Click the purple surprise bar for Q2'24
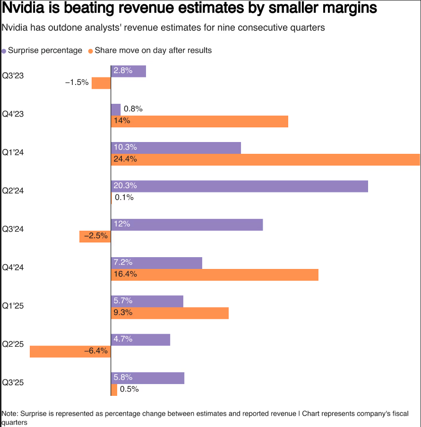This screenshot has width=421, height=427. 239,186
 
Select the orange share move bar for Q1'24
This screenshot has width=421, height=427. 266,159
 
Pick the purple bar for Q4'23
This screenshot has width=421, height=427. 116,109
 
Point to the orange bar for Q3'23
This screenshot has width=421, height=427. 101,83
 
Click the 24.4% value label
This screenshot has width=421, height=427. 125,159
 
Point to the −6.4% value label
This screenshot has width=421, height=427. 96,351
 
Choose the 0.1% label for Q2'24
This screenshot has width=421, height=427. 124,198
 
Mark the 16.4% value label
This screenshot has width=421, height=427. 125,274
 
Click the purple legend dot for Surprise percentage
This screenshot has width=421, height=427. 4,51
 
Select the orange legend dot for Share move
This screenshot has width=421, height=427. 91,51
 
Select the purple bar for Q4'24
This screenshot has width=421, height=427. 156,262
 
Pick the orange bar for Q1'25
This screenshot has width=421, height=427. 170,313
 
